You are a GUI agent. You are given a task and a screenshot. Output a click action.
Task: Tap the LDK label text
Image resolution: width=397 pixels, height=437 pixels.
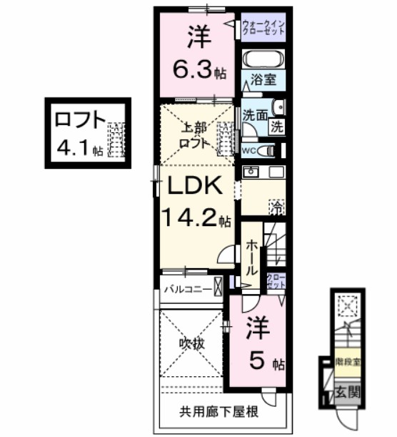point(194,187)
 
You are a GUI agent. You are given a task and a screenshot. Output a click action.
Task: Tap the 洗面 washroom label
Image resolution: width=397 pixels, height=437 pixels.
point(254,114)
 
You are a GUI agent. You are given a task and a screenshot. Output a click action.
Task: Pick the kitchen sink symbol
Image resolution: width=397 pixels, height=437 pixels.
point(251,172)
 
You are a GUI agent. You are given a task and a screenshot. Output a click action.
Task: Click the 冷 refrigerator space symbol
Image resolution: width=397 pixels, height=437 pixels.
point(275,207)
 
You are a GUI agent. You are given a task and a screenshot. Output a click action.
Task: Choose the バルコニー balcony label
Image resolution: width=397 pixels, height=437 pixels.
point(188,290)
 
